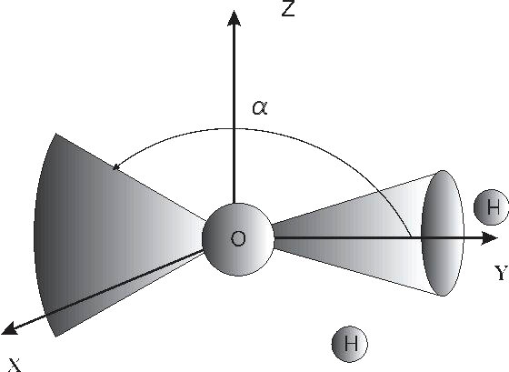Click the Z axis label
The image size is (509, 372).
click(288, 8)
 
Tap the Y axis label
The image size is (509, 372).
click(501, 273)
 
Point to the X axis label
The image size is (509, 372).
click(15, 366)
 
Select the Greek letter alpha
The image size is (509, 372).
click(260, 107)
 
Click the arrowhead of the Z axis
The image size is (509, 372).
click(234, 18)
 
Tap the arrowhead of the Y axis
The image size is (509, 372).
click(489, 238)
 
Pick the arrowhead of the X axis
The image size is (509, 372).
click(9, 328)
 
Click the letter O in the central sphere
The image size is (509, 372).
click(238, 239)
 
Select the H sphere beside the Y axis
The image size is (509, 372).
click(491, 207)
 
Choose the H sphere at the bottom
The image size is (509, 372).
click(350, 344)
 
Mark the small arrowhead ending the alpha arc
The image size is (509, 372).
click(116, 167)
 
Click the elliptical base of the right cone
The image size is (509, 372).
click(443, 233)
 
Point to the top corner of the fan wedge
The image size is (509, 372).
click(56, 133)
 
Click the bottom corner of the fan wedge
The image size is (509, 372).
click(55, 337)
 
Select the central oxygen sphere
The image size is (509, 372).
click(238, 239)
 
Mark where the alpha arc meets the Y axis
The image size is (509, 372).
click(411, 238)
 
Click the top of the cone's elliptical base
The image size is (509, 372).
click(443, 170)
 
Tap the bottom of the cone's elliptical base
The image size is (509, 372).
click(443, 296)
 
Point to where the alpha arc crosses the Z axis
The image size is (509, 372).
click(234, 129)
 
